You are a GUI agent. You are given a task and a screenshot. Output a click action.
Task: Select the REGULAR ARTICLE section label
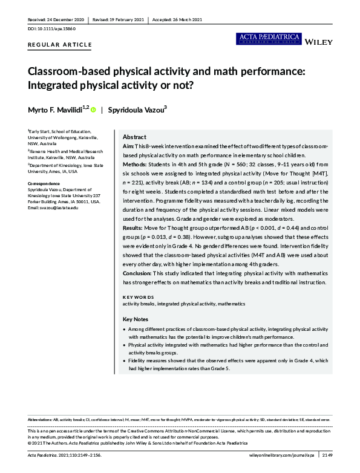61,45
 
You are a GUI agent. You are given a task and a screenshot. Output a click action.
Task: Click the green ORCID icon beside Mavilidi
93,109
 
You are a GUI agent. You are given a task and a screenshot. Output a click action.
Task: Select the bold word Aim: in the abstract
128,147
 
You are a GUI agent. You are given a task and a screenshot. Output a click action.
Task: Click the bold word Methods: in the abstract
135,165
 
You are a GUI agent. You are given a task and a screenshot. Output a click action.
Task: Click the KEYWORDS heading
138,297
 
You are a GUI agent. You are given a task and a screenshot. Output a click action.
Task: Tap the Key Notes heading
136,319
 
